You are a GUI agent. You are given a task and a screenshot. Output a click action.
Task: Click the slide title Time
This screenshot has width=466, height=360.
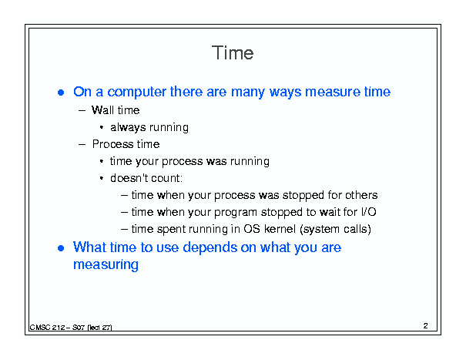tap(233, 53)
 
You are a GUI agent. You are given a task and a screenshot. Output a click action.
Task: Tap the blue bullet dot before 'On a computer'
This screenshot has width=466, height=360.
tap(61, 93)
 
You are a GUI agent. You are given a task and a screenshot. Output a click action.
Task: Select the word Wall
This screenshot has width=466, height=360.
tap(103, 110)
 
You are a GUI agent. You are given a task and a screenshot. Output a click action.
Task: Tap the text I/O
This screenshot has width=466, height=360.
tap(369, 212)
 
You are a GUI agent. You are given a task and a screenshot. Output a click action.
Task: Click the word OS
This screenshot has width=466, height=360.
tap(252, 229)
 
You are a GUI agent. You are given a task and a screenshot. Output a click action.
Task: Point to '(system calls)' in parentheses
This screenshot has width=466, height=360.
tap(336, 229)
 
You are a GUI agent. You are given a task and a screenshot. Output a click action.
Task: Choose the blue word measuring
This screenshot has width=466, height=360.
tap(106, 264)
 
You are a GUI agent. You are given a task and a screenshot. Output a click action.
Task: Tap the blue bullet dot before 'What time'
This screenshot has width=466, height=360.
tap(61, 248)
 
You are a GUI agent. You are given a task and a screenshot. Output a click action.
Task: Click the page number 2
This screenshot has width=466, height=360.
tap(426, 325)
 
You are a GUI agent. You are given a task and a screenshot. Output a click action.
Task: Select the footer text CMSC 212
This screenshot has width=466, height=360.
tap(47, 328)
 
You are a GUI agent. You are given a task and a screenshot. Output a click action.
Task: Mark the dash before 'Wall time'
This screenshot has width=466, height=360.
tap(82, 111)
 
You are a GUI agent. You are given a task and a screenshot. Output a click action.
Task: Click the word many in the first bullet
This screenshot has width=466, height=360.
tap(247, 93)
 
